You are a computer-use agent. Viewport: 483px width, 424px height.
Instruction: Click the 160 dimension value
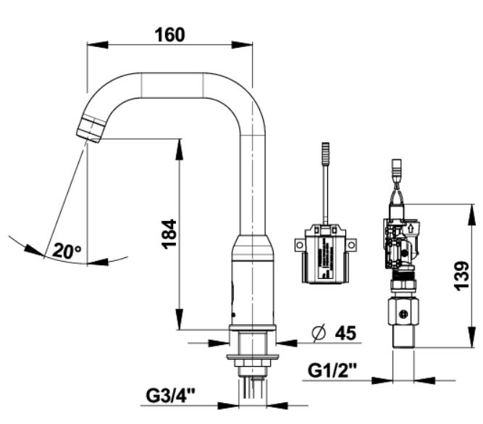pyautogui.click(x=169, y=35)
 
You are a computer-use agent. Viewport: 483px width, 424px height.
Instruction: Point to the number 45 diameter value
pyautogui.click(x=345, y=333)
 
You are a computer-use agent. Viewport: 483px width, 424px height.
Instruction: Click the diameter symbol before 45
pyautogui.click(x=319, y=333)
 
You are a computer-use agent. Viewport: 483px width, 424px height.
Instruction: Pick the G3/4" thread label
pyautogui.click(x=170, y=396)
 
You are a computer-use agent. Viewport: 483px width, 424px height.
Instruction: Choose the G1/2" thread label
pyautogui.click(x=332, y=370)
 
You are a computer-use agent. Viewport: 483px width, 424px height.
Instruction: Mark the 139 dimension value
pyautogui.click(x=462, y=275)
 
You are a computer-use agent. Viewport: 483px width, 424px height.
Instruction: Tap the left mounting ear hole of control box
pyautogui.click(x=299, y=245)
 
